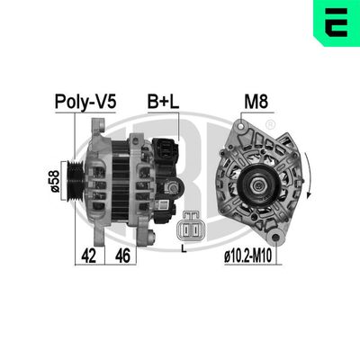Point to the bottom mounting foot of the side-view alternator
[x=148, y=236]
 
